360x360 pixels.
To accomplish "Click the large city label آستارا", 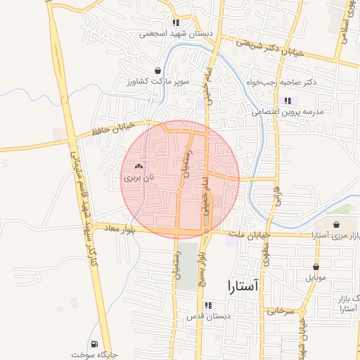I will click(x=243, y=285).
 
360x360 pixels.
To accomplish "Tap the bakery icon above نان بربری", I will click(x=138, y=167).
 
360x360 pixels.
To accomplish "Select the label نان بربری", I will click(x=138, y=179).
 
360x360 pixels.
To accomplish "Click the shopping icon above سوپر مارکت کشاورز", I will click(x=157, y=70).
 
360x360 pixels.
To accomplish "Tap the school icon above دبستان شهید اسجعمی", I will click(x=175, y=22).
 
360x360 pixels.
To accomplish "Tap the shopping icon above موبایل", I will click(x=316, y=266).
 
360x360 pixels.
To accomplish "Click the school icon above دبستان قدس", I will click(x=208, y=304).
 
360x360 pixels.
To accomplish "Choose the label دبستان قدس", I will click(x=207, y=316).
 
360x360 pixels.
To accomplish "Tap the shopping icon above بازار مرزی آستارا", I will click(x=335, y=224).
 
